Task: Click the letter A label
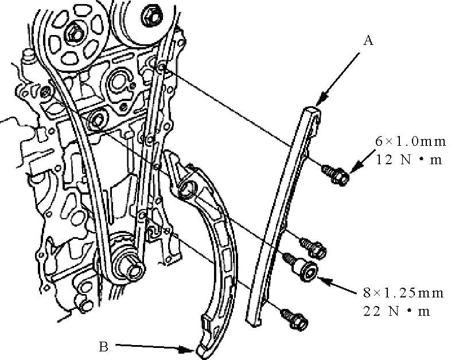tap(368, 40)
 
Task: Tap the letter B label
tap(104, 347)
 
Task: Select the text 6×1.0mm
tap(410, 141)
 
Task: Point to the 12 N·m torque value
tap(409, 160)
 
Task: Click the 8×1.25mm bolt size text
tap(403, 293)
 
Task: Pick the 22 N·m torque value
tap(397, 311)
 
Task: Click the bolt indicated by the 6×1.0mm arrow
tap(336, 174)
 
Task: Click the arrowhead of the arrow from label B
tap(188, 349)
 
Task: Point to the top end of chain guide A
tap(312, 111)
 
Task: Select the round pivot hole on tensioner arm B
tap(187, 189)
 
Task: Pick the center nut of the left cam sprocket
tap(75, 32)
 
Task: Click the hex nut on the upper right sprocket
tap(151, 16)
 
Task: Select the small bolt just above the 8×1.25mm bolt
tap(313, 248)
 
